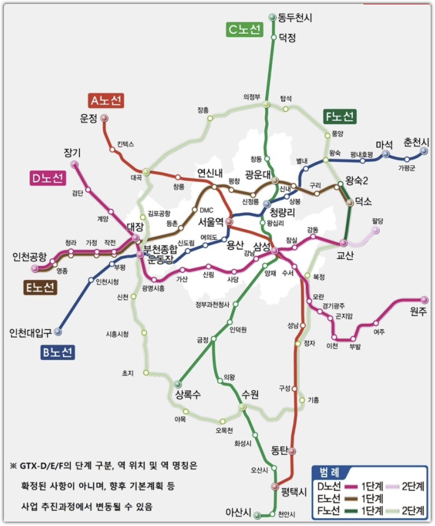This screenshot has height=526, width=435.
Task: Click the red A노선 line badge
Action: (106, 101)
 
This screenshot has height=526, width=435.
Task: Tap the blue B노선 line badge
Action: (57, 352)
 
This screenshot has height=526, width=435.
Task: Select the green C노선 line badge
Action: (245, 29)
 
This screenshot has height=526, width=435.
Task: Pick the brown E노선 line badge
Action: (41, 288)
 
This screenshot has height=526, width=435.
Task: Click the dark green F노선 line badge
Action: (339, 117)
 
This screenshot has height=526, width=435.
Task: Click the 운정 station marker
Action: (104, 118)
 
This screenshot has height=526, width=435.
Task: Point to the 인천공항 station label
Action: (30, 256)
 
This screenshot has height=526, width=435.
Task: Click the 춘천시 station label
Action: (416, 142)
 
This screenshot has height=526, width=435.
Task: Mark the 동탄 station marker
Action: (292, 451)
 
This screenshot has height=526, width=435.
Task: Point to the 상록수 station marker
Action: (178, 384)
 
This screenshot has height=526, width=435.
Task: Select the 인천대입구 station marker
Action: (58, 332)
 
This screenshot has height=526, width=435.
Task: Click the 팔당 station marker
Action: (375, 230)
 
